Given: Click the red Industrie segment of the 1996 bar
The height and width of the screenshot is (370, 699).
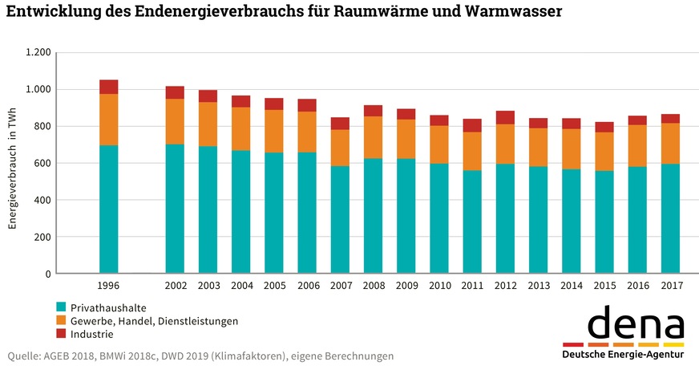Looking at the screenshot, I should click(x=108, y=87).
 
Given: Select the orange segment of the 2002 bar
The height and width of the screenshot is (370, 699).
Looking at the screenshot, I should click(x=175, y=121).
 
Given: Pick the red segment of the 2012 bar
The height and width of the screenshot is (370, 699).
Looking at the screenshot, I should click(x=505, y=117).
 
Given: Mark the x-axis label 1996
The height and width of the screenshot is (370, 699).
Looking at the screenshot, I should click(x=108, y=287).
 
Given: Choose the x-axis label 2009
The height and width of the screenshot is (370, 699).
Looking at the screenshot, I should click(x=406, y=287).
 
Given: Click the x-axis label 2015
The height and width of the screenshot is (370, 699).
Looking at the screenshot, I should click(x=604, y=287).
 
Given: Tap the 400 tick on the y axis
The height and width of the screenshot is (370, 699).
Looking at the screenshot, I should click(x=42, y=200).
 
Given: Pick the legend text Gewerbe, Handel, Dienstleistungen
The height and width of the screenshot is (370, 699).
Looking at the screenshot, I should click(x=154, y=321).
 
